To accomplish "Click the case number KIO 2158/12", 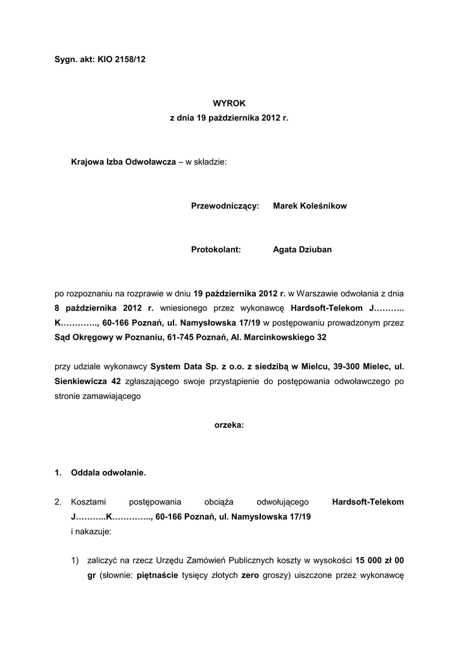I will click(122, 59).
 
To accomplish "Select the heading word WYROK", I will click(229, 103).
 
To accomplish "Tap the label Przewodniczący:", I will click(225, 206).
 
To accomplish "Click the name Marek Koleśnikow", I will click(310, 206).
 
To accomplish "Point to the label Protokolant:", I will click(216, 250).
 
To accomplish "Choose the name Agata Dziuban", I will click(302, 250).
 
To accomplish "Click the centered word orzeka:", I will click(229, 425).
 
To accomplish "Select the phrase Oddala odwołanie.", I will click(108, 472).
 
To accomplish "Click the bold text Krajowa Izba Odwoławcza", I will click(123, 162).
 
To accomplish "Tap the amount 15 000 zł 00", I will click(380, 561).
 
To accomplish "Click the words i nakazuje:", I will click(91, 532).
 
